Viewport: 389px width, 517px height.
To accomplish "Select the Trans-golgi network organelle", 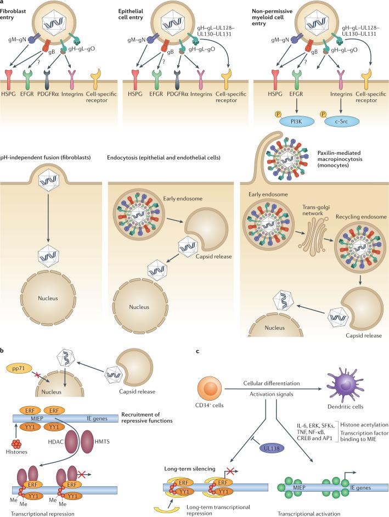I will [309, 206].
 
